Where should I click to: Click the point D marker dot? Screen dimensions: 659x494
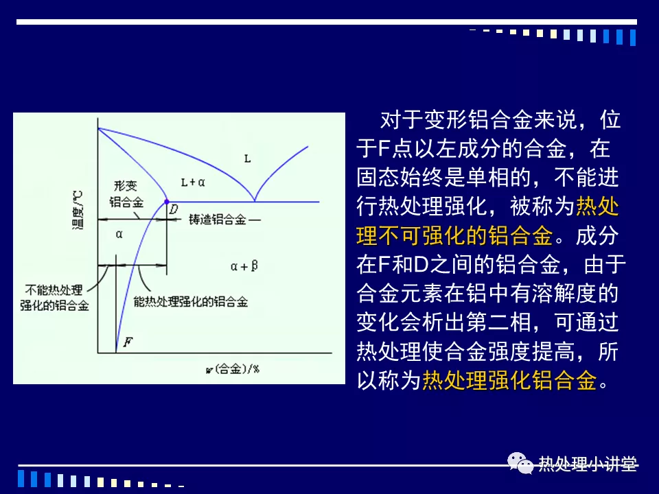coord(167,202)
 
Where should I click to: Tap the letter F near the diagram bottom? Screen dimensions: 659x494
coord(128,342)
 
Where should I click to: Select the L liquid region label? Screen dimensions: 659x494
coord(248,158)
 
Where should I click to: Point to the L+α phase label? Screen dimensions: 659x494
coord(193,183)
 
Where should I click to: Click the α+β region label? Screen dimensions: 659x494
coord(244,266)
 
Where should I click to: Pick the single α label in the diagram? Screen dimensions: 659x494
coord(119,235)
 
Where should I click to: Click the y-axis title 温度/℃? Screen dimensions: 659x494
coord(78,210)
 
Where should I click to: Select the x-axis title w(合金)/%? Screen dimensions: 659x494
coord(233,369)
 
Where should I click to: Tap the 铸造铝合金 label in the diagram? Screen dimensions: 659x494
coord(218,220)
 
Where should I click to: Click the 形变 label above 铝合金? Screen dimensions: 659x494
coord(125,186)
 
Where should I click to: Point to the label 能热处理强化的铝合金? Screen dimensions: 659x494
coord(191,302)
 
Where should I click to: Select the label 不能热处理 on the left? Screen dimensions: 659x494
coord(54,290)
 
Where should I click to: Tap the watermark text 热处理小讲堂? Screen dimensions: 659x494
coord(588,464)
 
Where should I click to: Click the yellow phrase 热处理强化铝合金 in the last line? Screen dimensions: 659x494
coord(509,381)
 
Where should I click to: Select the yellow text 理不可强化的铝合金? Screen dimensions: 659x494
coord(454,235)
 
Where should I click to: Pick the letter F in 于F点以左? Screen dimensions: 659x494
coord(384,149)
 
